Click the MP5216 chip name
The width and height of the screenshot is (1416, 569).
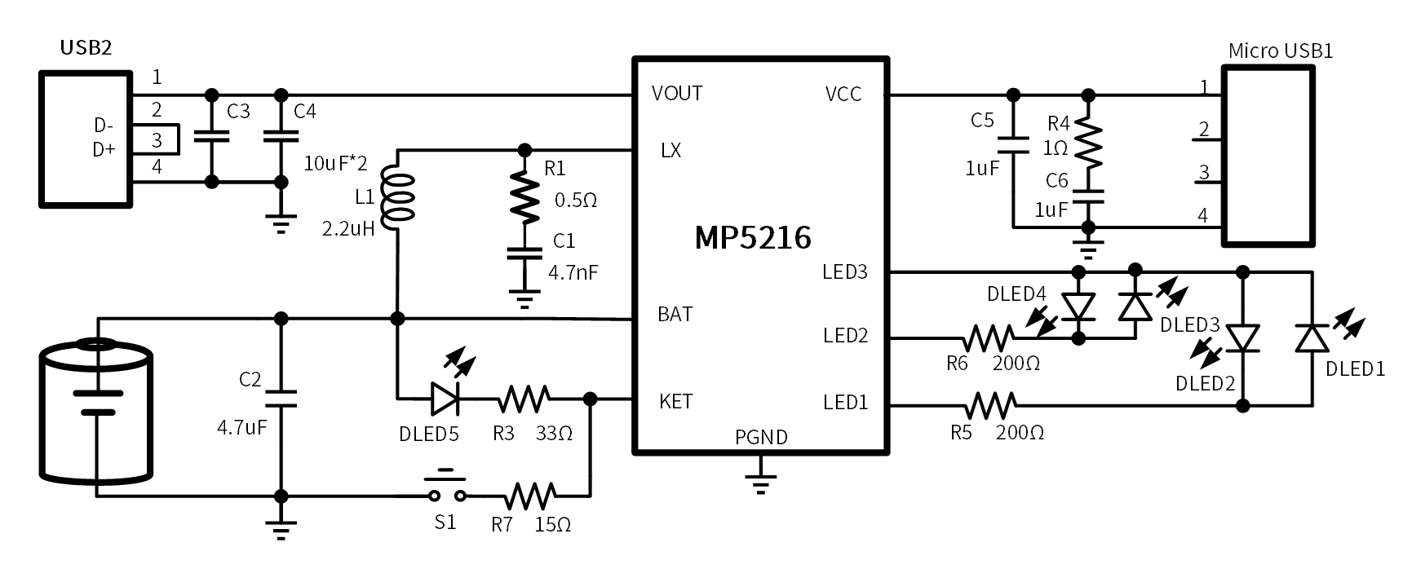click(752, 238)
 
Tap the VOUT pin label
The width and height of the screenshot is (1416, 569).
click(677, 94)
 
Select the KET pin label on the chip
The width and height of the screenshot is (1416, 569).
click(675, 401)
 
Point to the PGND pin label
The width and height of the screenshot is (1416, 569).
click(761, 437)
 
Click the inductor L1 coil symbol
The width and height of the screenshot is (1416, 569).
click(400, 196)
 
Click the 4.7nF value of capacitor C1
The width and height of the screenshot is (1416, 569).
click(573, 272)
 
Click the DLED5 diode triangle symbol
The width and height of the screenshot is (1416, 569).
click(445, 399)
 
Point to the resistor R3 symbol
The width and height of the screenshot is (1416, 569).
click(524, 399)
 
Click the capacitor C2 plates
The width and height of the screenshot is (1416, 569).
click(281, 399)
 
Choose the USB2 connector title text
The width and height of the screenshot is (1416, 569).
click(85, 47)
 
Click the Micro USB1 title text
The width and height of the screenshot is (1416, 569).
click(1280, 51)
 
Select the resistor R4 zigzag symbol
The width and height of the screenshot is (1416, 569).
click(1087, 140)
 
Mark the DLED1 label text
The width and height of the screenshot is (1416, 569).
click(1355, 368)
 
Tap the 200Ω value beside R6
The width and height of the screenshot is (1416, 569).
click(1016, 364)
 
